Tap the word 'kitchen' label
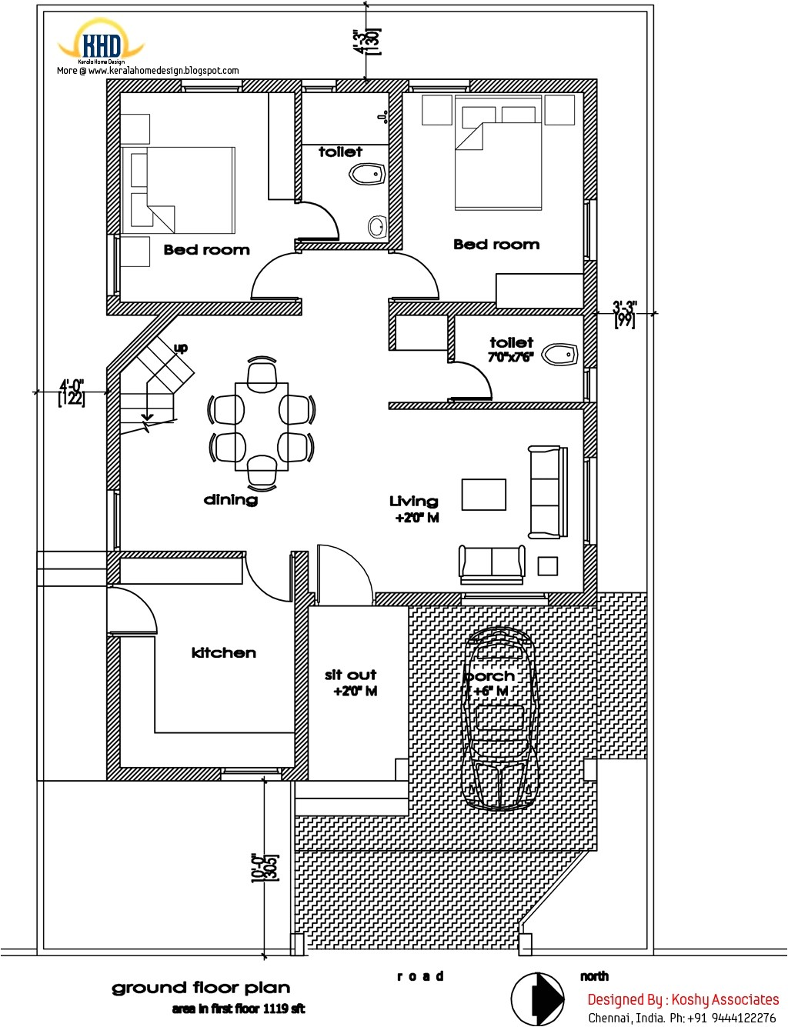pos(223,653)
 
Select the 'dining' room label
pos(230,500)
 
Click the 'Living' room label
pos(413,502)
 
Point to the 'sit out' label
pos(350,675)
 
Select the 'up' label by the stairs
pos(181,348)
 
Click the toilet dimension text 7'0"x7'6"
pos(510,357)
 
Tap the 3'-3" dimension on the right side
pos(624,313)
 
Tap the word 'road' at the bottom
pos(420,976)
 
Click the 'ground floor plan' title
pos(201,988)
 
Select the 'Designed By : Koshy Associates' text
pos(683,999)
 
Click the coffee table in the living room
pos(483,495)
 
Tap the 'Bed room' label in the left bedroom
pos(206,250)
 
